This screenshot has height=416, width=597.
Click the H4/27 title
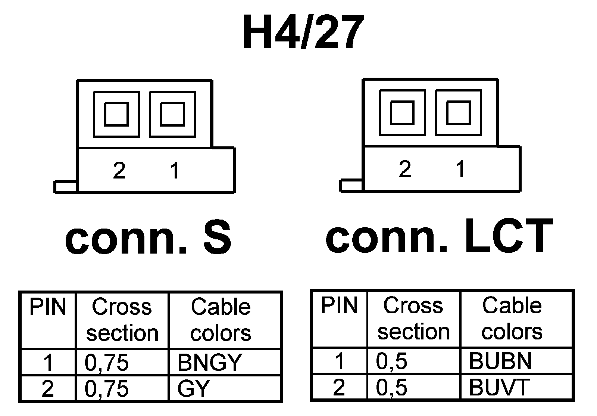tap(303, 33)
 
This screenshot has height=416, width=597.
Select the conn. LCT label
tap(439, 236)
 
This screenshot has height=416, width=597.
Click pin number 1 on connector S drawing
tap(175, 171)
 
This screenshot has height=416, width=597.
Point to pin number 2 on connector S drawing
tap(119, 171)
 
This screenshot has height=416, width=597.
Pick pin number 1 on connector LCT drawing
tap(461, 169)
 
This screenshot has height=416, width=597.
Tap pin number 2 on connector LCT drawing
tap(405, 169)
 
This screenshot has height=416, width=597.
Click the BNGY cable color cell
tap(210, 362)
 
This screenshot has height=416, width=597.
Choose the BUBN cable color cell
tap(500, 361)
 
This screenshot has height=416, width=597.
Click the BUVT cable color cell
tap(499, 387)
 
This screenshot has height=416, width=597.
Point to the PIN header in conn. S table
tap(47, 307)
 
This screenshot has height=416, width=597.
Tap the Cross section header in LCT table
tap(413, 319)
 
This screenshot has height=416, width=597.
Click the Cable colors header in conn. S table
tap(221, 320)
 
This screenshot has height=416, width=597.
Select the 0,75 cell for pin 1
tap(107, 362)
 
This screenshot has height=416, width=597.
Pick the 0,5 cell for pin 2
tap(391, 387)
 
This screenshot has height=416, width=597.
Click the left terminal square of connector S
tap(116, 114)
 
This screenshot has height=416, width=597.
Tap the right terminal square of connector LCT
tap(458, 112)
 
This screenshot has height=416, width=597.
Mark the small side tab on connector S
tap(65, 186)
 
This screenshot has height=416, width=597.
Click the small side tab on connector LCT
tap(351, 185)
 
